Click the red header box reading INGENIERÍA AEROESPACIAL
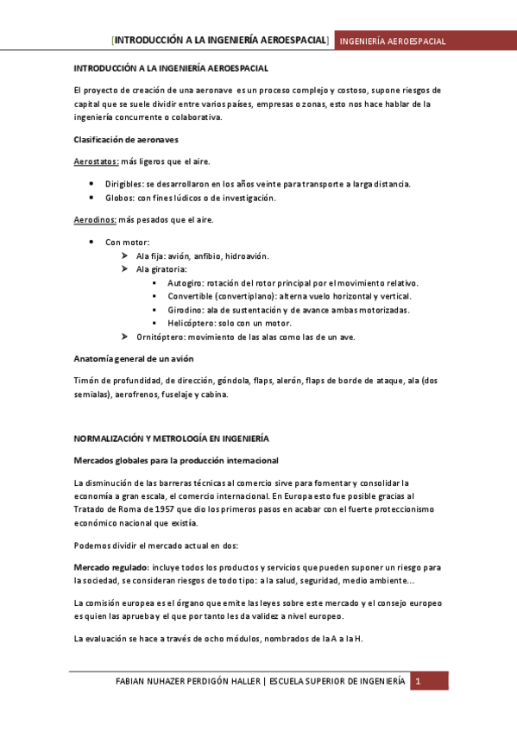tap(390, 41)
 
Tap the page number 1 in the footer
tap(418, 681)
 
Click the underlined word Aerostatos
tap(96, 161)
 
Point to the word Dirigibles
tap(123, 183)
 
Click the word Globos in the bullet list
tap(119, 198)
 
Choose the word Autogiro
tap(185, 282)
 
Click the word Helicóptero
tap(191, 322)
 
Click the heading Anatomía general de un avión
tap(134, 358)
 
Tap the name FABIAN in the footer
tap(135, 682)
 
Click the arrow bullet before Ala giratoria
tap(126, 269)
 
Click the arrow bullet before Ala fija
tap(126, 256)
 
